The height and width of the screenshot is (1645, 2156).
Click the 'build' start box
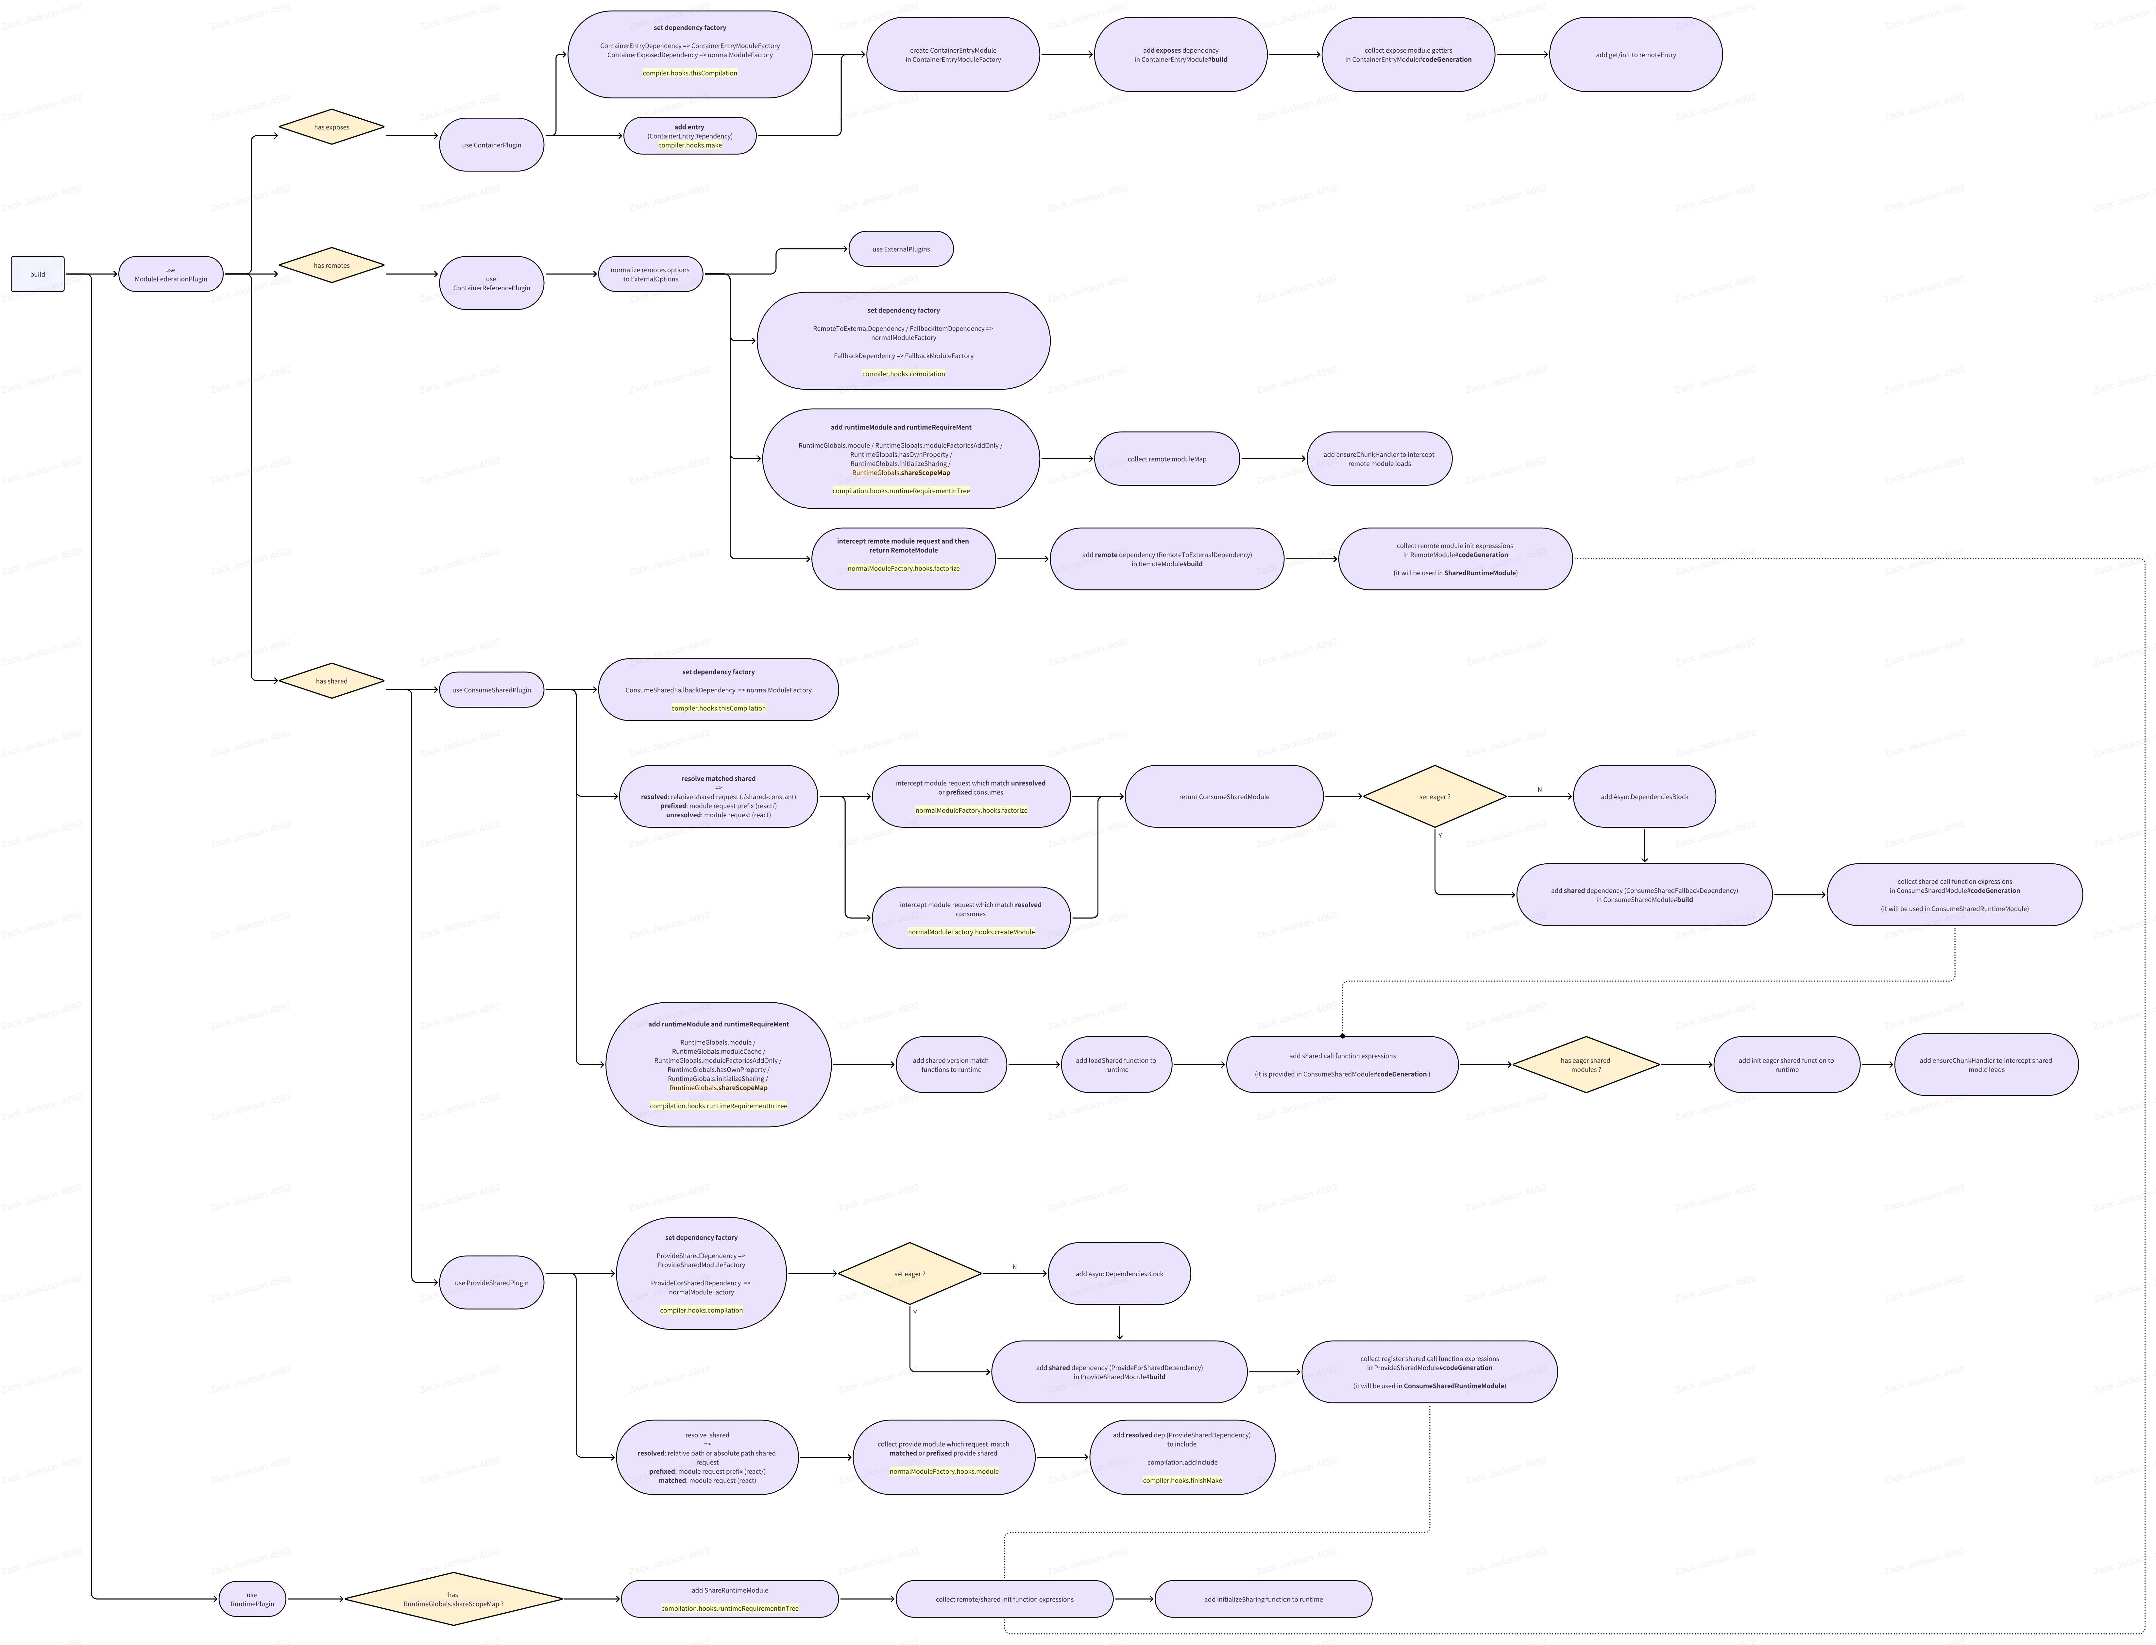(x=37, y=274)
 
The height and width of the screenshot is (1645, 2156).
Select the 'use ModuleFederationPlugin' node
(x=170, y=274)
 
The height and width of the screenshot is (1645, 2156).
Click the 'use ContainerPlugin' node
(x=491, y=145)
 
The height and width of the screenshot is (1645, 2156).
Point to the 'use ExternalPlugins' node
(x=901, y=249)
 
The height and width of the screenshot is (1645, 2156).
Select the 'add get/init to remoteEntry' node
(x=1635, y=55)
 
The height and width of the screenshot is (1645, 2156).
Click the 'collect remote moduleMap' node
(x=1166, y=458)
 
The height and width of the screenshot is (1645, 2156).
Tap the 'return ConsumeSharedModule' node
(x=1224, y=796)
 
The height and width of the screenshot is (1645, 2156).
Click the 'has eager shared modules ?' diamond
(x=1585, y=1064)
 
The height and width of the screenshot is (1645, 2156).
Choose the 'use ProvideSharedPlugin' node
(x=491, y=1283)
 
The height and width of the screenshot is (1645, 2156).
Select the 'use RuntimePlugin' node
(x=252, y=1599)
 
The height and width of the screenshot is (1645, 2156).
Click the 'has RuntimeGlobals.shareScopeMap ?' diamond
(x=453, y=1599)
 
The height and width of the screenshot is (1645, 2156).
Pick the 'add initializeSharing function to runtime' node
(x=1263, y=1599)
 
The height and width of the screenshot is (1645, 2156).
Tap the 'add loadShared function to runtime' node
(x=1116, y=1064)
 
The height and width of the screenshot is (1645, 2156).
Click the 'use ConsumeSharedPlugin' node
(x=491, y=689)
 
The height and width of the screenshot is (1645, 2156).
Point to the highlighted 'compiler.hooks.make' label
(x=690, y=145)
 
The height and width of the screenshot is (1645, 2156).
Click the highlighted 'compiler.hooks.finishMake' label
(x=1182, y=1481)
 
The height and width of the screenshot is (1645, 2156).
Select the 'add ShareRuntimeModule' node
(x=729, y=1599)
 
